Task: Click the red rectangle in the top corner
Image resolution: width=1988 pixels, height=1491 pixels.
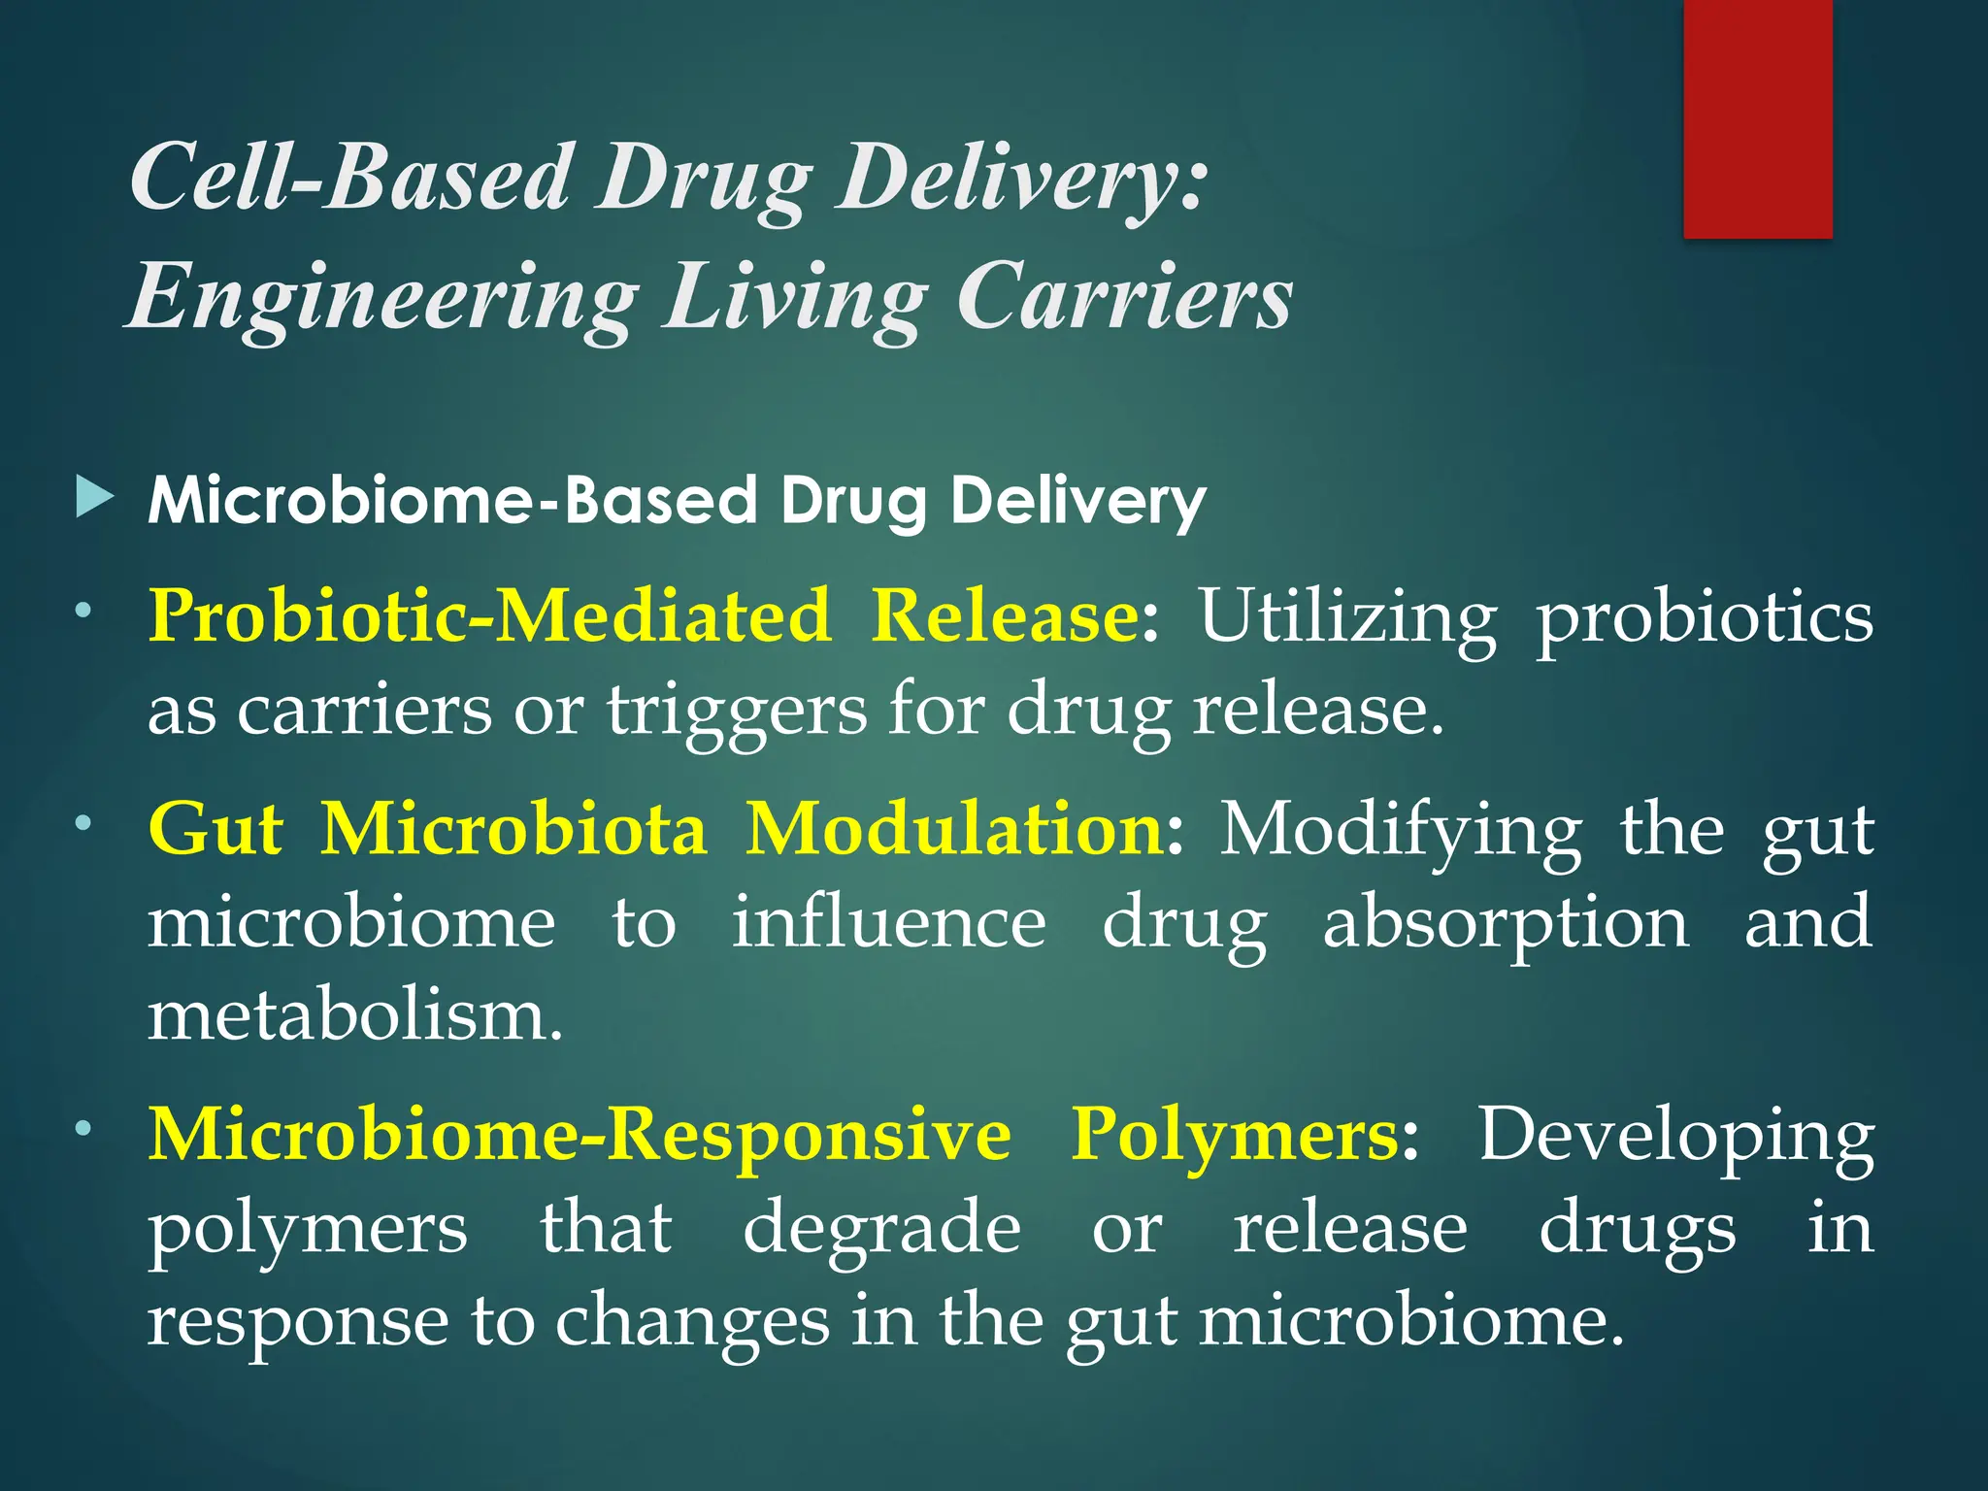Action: point(1757,118)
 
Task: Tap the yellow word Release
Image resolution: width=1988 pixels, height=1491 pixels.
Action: point(1004,616)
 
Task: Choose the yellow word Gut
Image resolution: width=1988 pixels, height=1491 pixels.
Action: point(215,830)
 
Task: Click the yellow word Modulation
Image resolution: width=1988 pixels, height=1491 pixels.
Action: point(955,830)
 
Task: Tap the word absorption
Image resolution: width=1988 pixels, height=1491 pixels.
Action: point(1506,924)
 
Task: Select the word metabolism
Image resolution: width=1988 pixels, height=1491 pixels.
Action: point(355,1015)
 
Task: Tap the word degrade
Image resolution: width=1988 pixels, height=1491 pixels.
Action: point(881,1228)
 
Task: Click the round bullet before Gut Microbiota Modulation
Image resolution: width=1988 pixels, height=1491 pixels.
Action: point(84,823)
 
